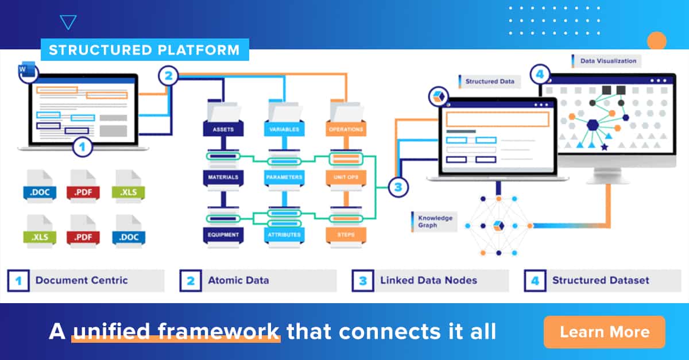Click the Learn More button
(604, 332)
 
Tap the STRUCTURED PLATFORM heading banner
(144, 50)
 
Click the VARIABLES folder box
(284, 129)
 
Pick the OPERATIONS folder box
(346, 129)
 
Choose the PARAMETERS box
(284, 177)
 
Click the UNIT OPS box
(346, 177)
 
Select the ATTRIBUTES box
(284, 234)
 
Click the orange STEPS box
(346, 234)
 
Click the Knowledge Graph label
(435, 222)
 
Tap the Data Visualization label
(607, 61)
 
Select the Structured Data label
(489, 82)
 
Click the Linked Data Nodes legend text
(428, 281)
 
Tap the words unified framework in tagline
(176, 331)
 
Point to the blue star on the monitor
(604, 148)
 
